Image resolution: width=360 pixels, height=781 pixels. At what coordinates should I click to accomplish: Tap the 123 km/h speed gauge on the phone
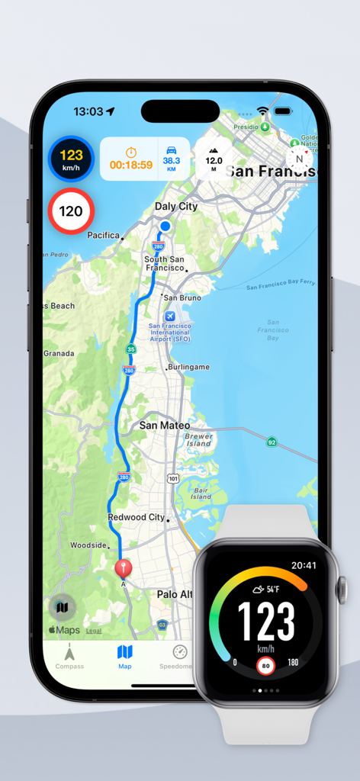(x=71, y=159)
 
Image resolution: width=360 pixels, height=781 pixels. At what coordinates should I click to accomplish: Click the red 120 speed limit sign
(x=71, y=211)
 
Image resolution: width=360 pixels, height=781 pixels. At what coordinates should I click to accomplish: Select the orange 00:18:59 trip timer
(x=130, y=159)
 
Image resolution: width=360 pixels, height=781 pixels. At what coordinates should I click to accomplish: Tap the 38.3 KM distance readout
(x=171, y=159)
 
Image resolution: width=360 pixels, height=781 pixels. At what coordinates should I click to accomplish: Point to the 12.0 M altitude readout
(x=214, y=159)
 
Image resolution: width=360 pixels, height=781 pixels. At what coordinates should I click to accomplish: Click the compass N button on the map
(x=299, y=159)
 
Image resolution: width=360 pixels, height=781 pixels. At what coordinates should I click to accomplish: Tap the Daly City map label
(x=176, y=207)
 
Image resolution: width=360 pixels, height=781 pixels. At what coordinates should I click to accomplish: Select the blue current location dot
(x=165, y=226)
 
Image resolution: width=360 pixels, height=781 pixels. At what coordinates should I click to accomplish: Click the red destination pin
(x=122, y=568)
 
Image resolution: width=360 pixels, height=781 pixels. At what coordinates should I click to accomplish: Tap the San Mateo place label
(x=164, y=426)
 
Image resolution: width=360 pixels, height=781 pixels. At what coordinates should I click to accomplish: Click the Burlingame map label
(x=188, y=367)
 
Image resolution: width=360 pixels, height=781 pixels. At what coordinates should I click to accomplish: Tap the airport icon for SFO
(x=169, y=317)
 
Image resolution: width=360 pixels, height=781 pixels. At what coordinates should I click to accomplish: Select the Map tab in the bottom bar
(x=125, y=656)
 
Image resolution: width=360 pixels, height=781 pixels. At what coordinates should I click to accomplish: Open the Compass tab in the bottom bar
(x=69, y=656)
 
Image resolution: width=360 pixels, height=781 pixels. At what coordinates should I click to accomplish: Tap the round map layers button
(x=63, y=607)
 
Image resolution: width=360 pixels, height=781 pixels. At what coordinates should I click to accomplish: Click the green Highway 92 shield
(x=272, y=442)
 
